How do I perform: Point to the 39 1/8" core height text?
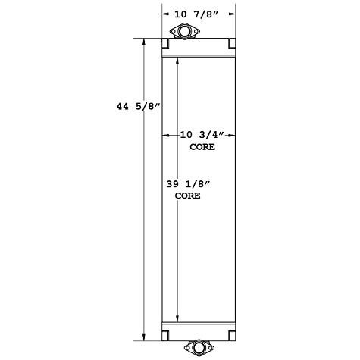[x=187, y=183]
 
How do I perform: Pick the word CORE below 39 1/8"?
[x=187, y=196]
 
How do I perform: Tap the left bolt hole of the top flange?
[x=174, y=32]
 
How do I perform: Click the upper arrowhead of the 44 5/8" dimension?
[x=144, y=42]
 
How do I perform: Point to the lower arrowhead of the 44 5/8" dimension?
[x=144, y=338]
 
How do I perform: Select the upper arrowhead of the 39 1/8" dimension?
[x=177, y=60]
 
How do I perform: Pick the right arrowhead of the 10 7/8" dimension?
[x=232, y=14]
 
